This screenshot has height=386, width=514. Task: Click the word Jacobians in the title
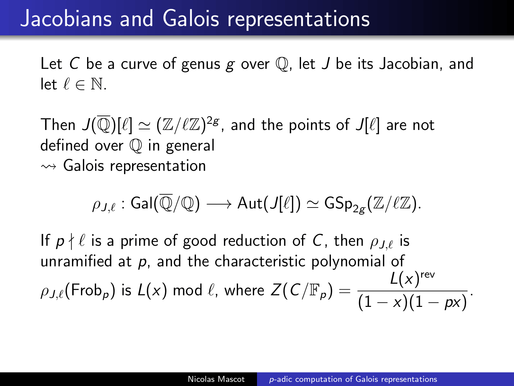click(66, 19)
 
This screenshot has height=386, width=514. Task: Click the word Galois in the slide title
click(191, 18)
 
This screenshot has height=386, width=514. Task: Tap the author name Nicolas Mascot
click(216, 379)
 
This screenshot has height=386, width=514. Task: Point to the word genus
click(201, 64)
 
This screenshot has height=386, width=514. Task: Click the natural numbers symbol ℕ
click(97, 84)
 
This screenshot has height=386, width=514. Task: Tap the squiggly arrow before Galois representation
click(49, 166)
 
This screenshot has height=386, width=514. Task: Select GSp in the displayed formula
click(338, 203)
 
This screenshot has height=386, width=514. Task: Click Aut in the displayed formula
click(250, 203)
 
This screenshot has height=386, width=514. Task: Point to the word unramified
click(76, 261)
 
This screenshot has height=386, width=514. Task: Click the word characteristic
click(260, 261)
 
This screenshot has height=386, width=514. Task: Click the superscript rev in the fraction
click(428, 275)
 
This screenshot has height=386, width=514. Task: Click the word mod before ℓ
click(187, 290)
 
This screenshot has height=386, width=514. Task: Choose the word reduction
click(254, 241)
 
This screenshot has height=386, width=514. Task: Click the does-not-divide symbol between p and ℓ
click(71, 241)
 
